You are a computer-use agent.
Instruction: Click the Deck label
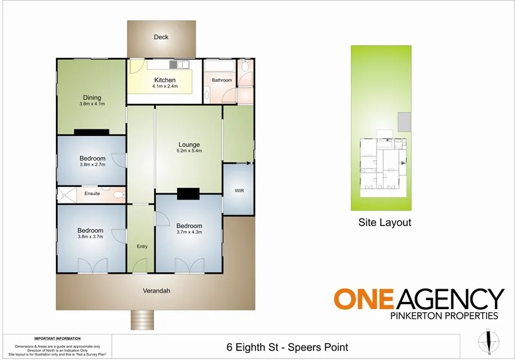(161, 37)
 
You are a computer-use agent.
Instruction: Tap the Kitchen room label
(164, 81)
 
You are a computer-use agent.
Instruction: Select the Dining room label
(91, 98)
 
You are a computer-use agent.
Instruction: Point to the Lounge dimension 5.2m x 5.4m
(189, 151)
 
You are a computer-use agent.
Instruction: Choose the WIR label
(239, 191)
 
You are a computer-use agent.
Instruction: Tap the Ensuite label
(92, 194)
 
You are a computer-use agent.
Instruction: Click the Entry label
(142, 247)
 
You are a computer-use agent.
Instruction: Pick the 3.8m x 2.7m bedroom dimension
(91, 165)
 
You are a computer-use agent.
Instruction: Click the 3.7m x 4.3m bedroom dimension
(189, 233)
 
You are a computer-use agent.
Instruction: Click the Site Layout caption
(384, 223)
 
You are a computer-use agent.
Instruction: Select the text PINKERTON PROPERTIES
(445, 316)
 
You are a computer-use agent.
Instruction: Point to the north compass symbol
(489, 339)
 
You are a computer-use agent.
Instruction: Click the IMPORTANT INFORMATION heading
(57, 338)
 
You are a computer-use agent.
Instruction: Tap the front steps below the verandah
(140, 318)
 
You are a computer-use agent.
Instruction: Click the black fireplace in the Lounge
(189, 193)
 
